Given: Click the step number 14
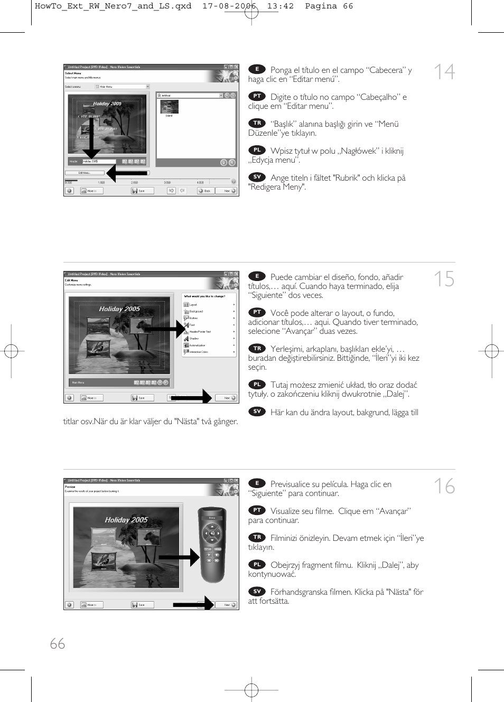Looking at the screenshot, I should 444,72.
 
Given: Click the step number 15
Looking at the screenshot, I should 444,279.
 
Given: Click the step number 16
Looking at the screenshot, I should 444,486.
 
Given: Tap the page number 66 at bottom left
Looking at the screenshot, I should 57,643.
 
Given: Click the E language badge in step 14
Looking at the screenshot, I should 257,69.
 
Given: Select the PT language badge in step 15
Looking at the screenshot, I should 257,312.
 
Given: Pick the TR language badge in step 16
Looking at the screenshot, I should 257,537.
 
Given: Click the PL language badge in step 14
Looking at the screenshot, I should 257,150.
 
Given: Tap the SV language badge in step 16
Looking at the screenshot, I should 257,591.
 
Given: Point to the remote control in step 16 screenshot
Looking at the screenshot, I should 212,544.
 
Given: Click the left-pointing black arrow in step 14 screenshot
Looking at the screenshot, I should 127,173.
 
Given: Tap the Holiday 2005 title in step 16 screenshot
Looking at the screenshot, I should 126,520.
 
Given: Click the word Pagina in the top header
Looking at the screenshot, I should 321,6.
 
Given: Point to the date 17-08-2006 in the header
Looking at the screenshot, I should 229,6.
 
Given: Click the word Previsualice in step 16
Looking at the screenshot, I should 290,484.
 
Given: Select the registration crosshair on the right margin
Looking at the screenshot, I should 491,351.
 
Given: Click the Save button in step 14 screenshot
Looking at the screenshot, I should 139,191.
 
